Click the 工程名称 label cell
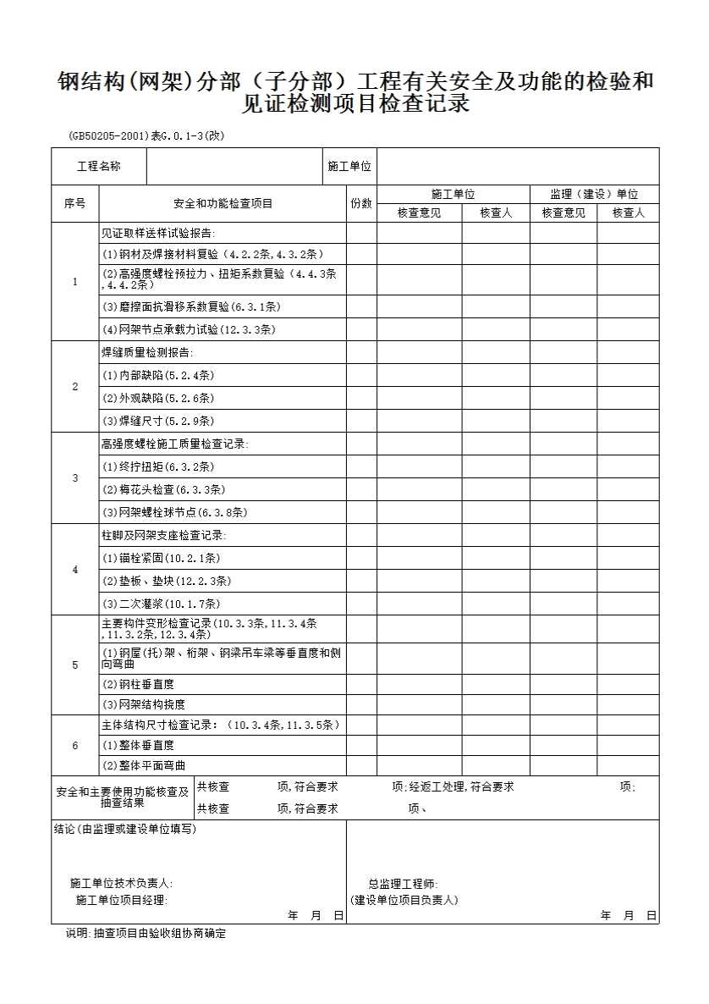coord(99,167)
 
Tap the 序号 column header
coord(74,204)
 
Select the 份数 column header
coord(360,204)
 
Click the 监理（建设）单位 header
coord(594,195)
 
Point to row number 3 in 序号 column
coord(74,478)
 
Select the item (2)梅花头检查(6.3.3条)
coord(163,489)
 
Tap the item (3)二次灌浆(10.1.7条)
coord(161,604)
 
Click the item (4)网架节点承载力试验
coord(189,329)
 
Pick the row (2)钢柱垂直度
coord(138,684)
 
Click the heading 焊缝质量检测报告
coord(147,352)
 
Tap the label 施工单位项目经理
coord(122,900)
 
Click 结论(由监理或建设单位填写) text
coord(124,829)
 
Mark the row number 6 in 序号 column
coord(74,746)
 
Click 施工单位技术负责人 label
coord(122,884)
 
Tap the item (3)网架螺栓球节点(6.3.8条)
coord(175,512)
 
